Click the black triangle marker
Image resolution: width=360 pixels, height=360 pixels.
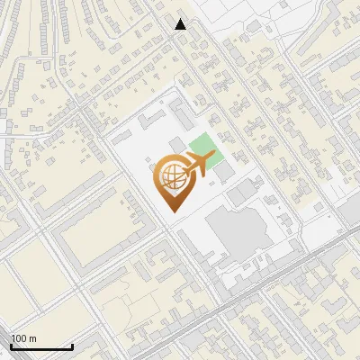[x=181, y=23]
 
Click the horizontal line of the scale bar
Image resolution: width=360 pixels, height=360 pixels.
[x=41, y=346]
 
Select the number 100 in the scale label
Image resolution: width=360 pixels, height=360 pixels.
[x=19, y=338]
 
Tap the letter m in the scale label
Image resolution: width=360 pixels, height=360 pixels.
[x=32, y=338]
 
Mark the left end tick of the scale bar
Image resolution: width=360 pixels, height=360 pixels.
[x=11, y=344]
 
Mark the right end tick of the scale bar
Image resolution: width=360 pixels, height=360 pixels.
[x=72, y=344]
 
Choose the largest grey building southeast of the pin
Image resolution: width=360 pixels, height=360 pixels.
[x=236, y=234]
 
